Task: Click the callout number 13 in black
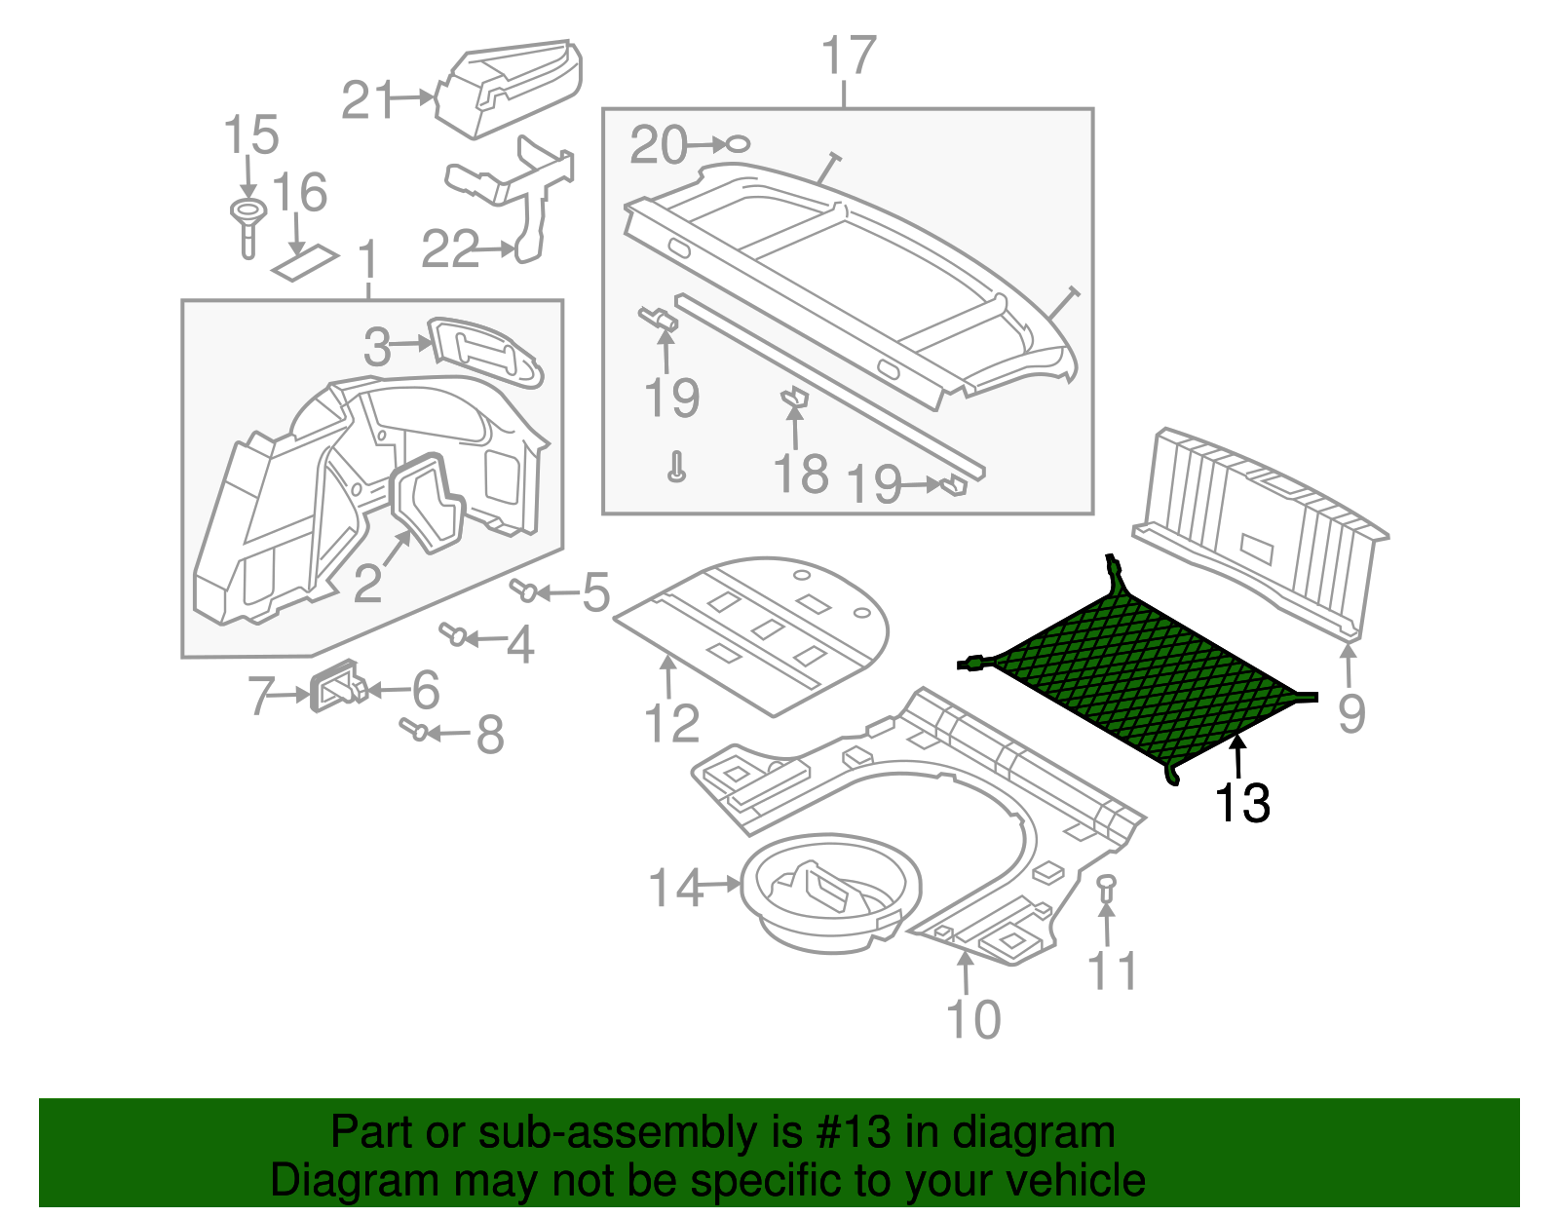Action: click(1242, 804)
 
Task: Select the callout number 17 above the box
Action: click(848, 57)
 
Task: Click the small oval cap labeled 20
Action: click(739, 144)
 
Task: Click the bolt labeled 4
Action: click(453, 634)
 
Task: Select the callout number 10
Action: click(972, 1018)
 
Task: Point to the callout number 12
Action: click(671, 723)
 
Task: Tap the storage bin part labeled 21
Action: click(512, 90)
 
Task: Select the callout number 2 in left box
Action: click(366, 583)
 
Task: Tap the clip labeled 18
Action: click(796, 399)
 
